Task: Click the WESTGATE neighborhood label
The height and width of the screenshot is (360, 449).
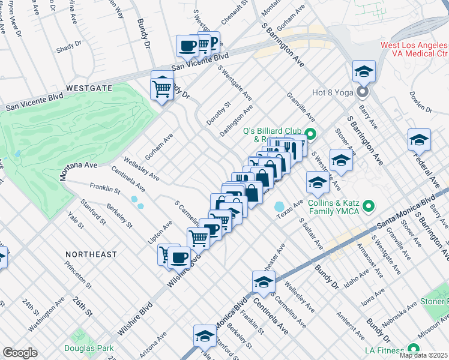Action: [x=89, y=88]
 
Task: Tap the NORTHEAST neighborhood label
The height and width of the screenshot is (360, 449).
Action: [x=91, y=254]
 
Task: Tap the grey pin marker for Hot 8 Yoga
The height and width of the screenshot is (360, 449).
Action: [x=362, y=92]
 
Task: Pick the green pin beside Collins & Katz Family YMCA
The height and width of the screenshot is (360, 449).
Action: [x=369, y=208]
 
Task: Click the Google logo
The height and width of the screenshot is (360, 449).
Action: [x=20, y=353]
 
